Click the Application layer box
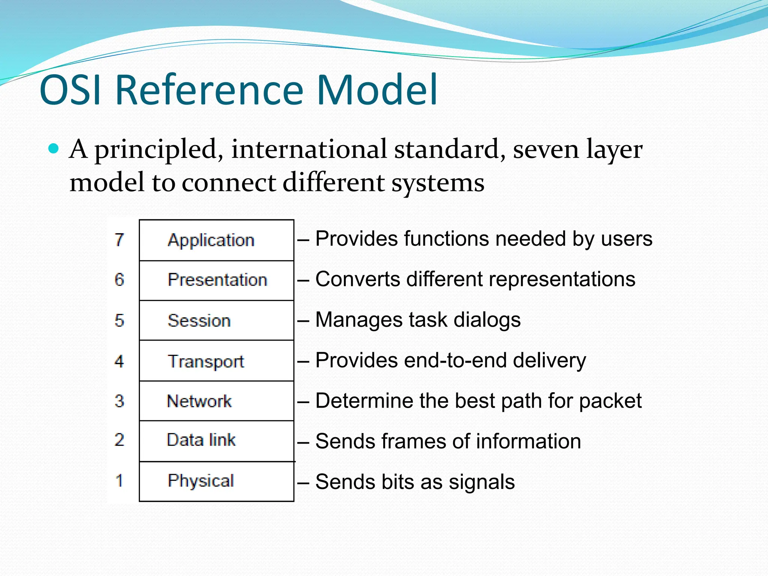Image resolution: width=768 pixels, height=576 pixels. click(x=216, y=240)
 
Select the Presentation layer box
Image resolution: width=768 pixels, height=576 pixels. click(x=216, y=280)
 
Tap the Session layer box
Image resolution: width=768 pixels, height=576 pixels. click(x=216, y=321)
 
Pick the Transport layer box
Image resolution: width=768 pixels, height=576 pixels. click(x=216, y=361)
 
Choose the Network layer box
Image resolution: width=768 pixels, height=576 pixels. click(x=216, y=401)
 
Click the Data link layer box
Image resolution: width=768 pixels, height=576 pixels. click(x=216, y=441)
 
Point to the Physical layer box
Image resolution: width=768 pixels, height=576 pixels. click(x=216, y=481)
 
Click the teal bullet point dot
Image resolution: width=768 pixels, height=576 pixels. click(x=54, y=149)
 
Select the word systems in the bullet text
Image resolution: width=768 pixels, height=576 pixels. click(x=438, y=183)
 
